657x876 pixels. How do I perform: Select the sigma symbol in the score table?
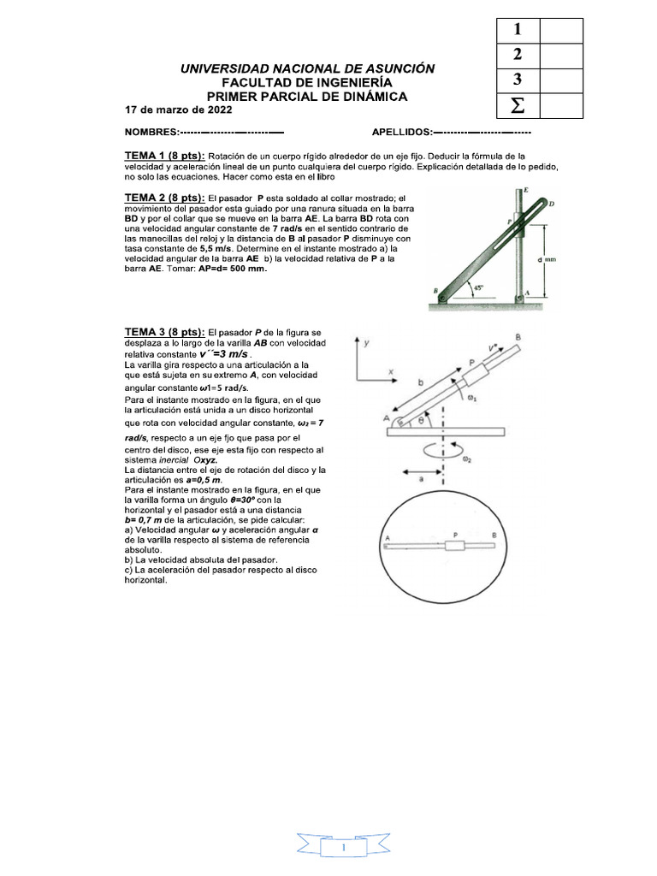[517, 107]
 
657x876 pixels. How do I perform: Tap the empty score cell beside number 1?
[561, 31]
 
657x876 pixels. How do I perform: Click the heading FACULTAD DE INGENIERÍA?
[307, 82]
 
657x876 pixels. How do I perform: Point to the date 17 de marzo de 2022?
[178, 110]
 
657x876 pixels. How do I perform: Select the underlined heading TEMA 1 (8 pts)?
[164, 157]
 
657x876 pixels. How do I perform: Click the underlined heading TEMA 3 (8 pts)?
[164, 331]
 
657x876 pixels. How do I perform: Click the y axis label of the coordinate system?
[367, 342]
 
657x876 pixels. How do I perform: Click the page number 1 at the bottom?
[341, 847]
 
